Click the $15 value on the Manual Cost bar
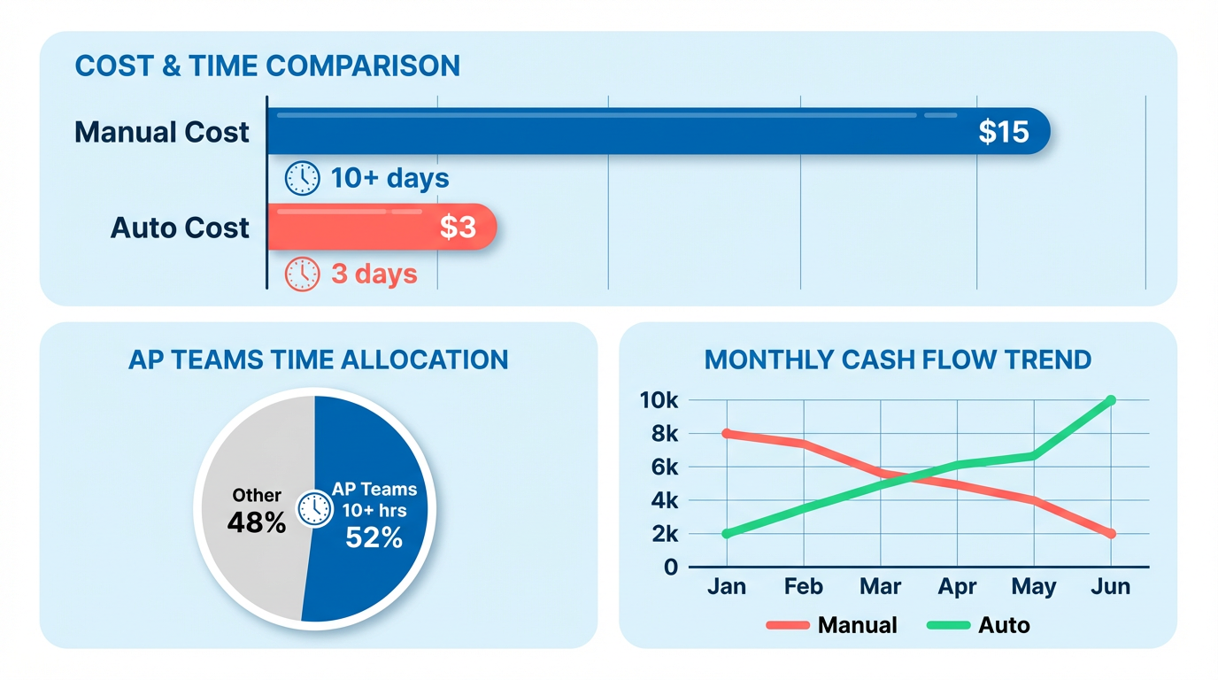pos(1004,132)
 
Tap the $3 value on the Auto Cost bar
pos(458,228)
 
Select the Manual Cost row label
pos(162,133)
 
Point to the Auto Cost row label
pos(180,228)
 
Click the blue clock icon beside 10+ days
pos(302,178)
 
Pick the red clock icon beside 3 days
pos(302,274)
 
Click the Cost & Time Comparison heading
pos(267,66)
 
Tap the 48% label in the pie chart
pos(257,523)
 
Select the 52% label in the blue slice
pos(374,537)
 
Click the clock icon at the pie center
pos(314,509)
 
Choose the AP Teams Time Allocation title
pos(319,359)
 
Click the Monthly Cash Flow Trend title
pos(898,360)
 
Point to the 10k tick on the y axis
pos(659,401)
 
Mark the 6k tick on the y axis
pos(662,467)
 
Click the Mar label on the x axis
pos(880,587)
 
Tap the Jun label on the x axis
pos(1110,587)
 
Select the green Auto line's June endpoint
pos(1110,401)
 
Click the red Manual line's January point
pos(727,434)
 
